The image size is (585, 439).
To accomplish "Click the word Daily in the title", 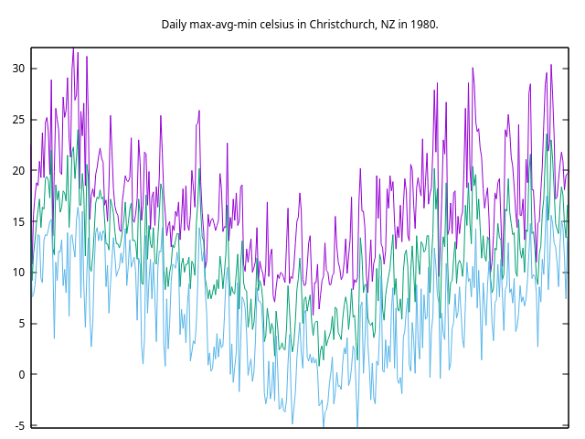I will pos(175,24).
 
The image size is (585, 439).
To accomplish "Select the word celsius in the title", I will pos(284,24).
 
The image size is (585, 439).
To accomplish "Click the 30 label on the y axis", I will pos(18,69).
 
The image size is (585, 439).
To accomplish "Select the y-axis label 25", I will pos(18,120).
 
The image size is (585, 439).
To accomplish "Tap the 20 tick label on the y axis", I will pos(18,170).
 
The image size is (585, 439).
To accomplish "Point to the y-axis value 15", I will pos(18,221).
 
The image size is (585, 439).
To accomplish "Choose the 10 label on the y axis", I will pos(18,273).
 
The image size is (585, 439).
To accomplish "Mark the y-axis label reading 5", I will pos(22,323).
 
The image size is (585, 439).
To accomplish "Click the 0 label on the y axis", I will pos(22,374).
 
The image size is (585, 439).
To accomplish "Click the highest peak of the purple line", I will pos(73,48).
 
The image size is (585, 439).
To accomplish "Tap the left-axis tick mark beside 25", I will pos(34,120).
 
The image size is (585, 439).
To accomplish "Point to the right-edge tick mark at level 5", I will pos(565,323).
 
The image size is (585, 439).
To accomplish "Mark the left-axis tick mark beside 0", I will pos(34,374).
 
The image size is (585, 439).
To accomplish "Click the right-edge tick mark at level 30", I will pos(565,69).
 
